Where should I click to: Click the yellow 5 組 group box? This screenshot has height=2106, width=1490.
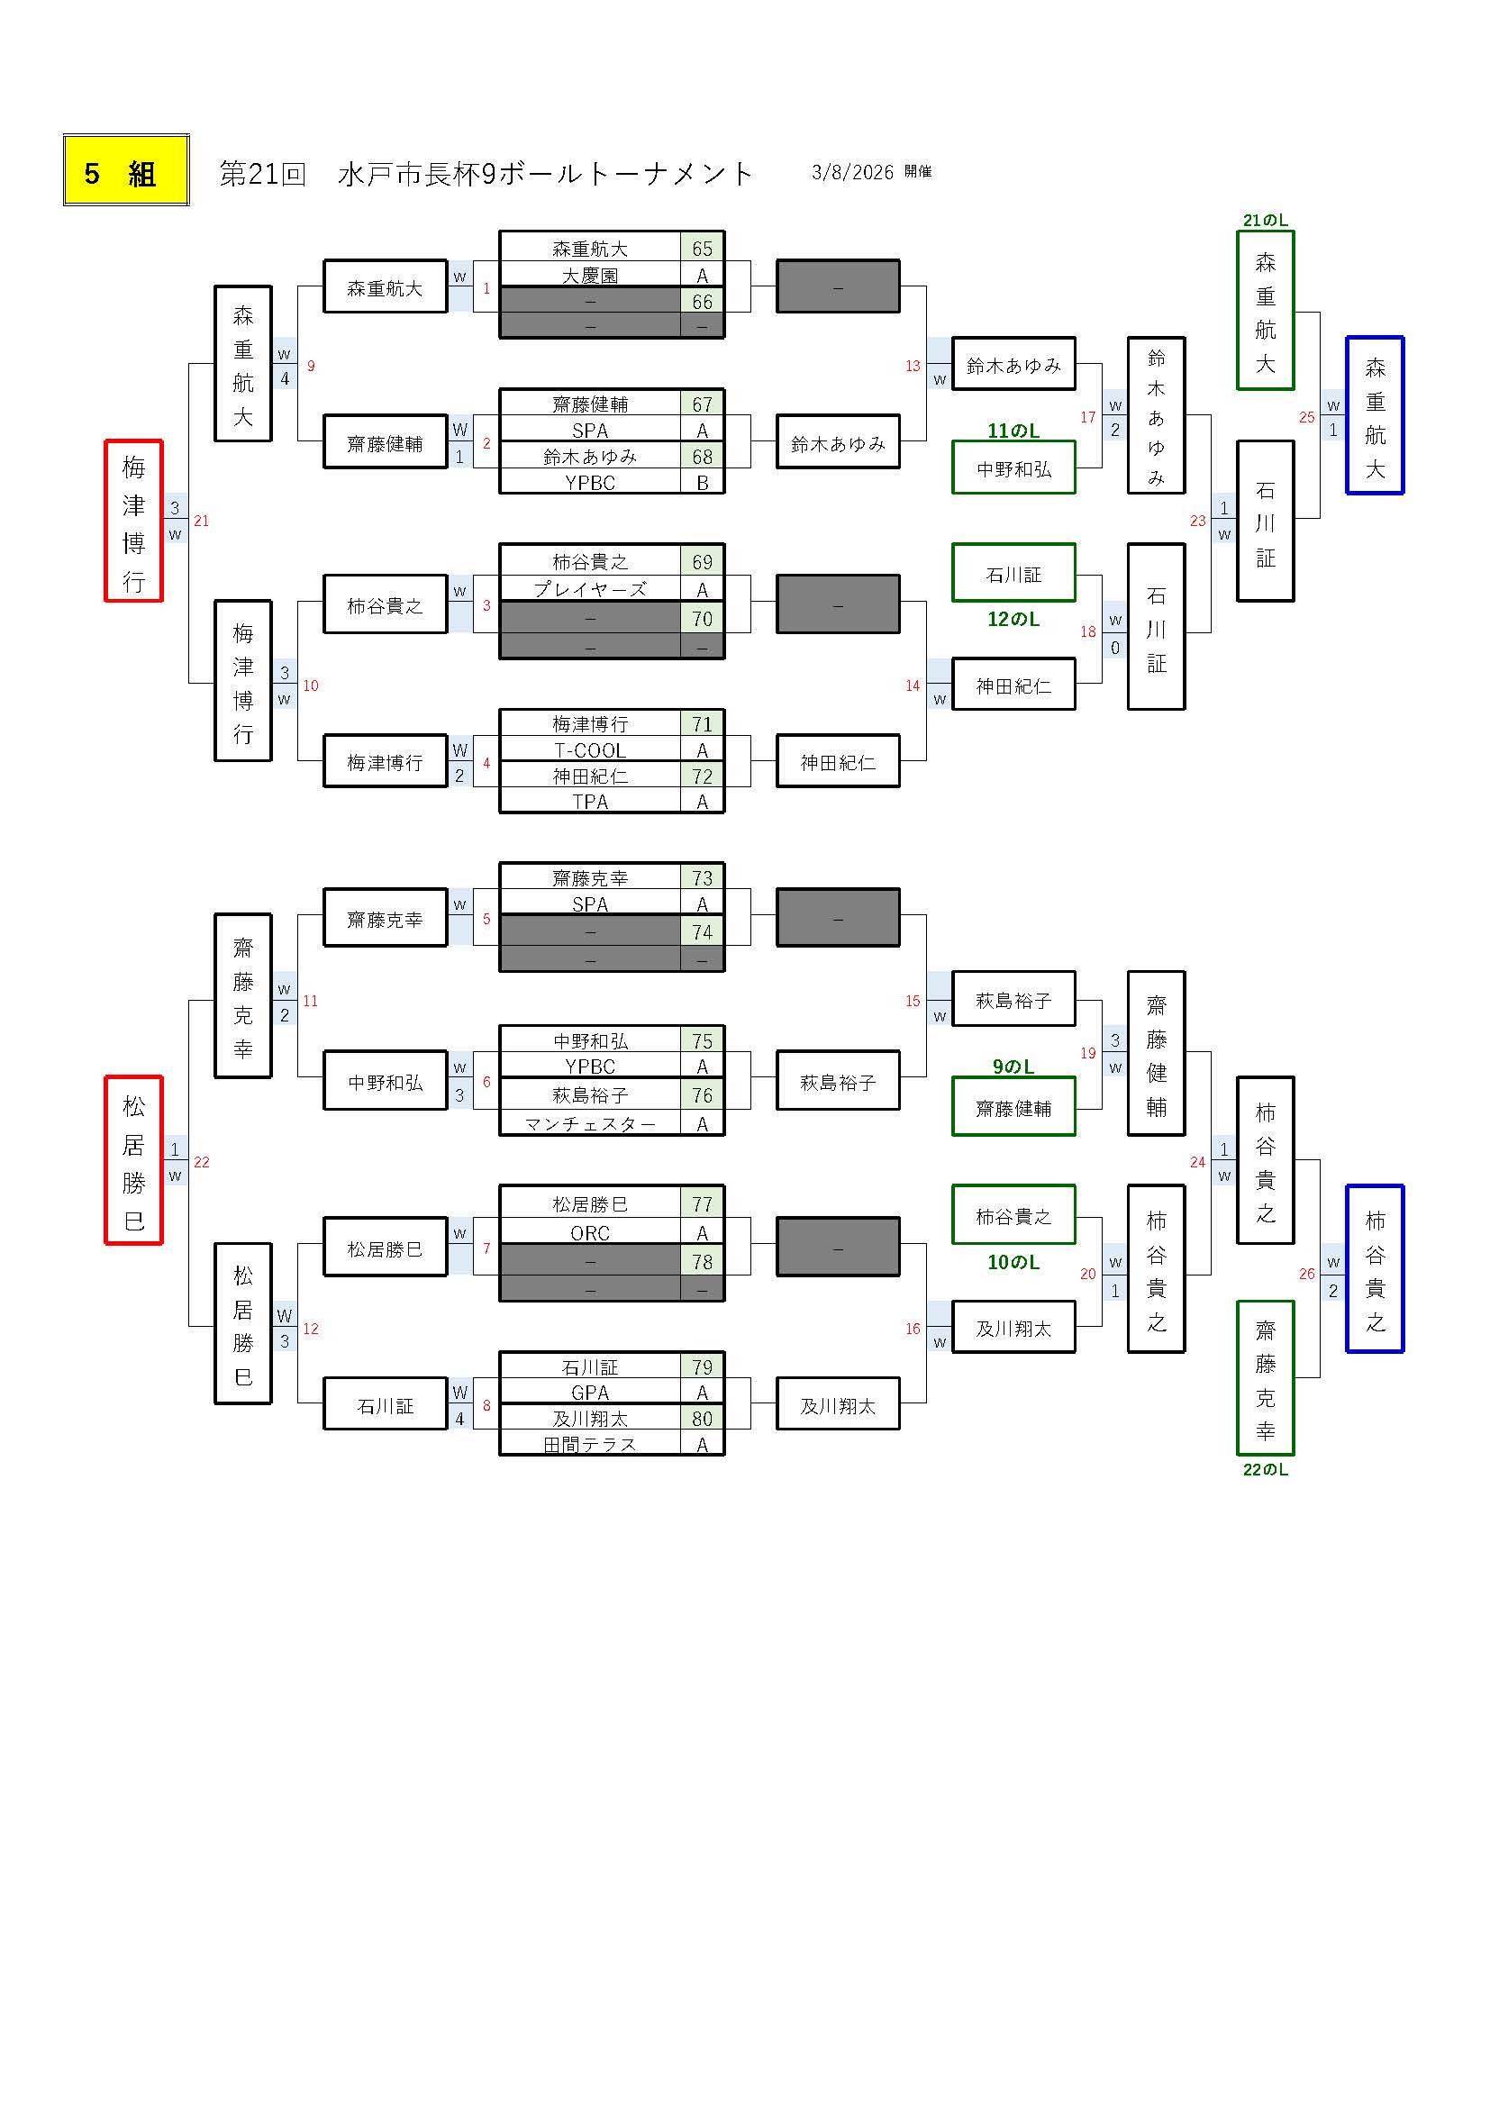coord(126,170)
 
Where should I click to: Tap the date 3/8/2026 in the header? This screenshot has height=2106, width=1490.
coord(852,172)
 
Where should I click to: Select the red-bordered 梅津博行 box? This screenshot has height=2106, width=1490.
coord(134,521)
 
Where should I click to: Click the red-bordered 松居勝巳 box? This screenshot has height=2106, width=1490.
coord(134,1160)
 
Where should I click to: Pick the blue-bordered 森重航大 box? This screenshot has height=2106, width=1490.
coord(1375,415)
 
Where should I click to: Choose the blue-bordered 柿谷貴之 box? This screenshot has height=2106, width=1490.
coord(1375,1268)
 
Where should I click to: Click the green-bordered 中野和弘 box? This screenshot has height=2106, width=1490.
coord(1013,468)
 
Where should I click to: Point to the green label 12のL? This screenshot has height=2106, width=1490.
coord(1013,620)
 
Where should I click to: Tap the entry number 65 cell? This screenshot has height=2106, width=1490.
coord(702,249)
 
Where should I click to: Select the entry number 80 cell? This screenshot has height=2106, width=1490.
coord(702,1418)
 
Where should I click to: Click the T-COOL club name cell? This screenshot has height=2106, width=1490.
coord(590,750)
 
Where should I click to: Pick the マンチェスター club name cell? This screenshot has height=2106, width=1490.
coord(590,1123)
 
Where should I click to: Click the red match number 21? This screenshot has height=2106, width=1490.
coord(202,521)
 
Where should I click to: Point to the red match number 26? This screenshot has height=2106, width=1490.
coord(1306,1273)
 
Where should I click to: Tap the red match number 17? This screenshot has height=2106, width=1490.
coord(1088,417)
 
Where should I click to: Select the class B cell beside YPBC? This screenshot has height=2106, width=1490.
coord(702,483)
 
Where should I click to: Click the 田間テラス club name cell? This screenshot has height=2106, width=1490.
coord(590,1444)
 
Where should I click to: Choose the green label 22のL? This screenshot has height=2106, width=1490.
coord(1265,1469)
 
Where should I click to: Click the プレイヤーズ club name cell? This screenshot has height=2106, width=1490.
coord(590,589)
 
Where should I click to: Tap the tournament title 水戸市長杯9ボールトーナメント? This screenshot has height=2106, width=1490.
coord(545,173)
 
